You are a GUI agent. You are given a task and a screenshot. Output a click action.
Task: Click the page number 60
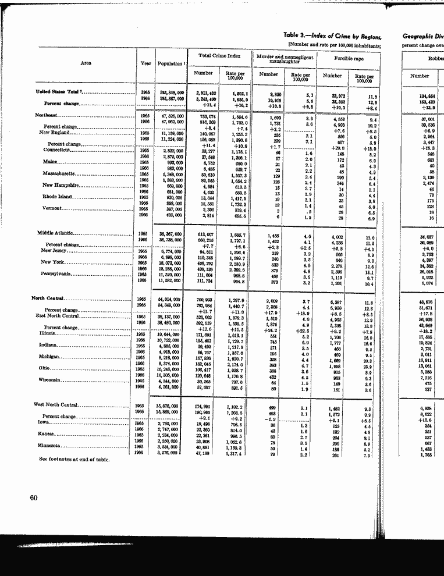(x=33, y=497)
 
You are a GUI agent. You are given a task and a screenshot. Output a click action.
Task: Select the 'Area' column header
(x=85, y=63)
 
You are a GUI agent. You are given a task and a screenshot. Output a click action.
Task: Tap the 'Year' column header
(x=145, y=63)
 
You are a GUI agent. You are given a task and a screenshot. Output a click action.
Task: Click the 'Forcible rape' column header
(x=349, y=59)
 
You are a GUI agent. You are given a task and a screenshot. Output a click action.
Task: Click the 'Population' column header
(x=171, y=63)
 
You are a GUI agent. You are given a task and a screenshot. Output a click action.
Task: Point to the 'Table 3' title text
(x=331, y=36)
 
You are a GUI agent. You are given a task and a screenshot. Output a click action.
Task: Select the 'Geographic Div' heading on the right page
(x=422, y=36)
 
